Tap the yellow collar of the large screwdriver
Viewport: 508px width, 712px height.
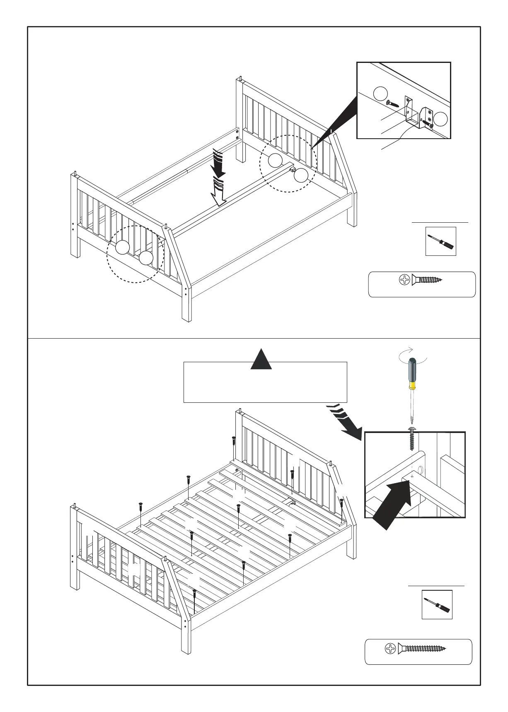click(412, 385)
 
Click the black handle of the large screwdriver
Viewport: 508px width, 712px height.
click(413, 370)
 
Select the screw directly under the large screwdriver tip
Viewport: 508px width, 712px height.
click(412, 438)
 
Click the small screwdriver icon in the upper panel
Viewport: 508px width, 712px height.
click(440, 241)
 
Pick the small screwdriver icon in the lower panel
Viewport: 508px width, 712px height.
click(437, 605)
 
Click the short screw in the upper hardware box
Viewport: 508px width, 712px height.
click(427, 280)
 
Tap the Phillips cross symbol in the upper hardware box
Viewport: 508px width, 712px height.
click(404, 280)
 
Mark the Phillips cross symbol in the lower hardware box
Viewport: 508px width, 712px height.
click(390, 649)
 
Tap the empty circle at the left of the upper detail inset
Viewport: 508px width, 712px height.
click(380, 94)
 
